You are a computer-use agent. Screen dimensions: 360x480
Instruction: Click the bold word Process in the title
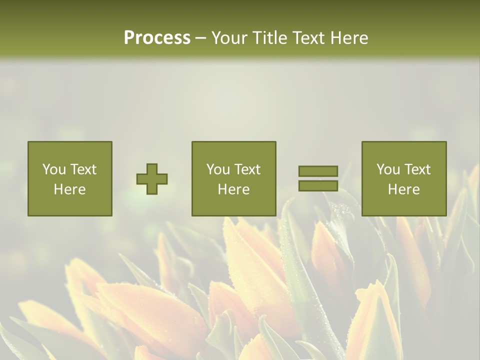(157, 38)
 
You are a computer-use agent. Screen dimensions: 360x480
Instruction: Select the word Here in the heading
(348, 38)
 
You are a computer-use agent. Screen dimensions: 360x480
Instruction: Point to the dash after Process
(200, 38)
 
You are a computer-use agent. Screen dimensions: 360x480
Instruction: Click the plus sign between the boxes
(152, 179)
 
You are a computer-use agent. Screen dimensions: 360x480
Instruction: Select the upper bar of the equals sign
(318, 171)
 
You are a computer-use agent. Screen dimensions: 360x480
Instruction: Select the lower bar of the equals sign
(318, 186)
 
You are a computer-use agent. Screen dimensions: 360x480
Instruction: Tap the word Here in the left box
(69, 189)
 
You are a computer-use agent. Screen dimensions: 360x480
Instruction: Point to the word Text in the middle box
(247, 169)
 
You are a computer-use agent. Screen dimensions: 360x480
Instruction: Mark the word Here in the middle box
(233, 189)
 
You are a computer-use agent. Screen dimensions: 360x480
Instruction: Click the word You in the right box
(388, 169)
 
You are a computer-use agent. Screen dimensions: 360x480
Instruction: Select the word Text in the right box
(417, 169)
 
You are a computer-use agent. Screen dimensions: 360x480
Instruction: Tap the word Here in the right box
(404, 189)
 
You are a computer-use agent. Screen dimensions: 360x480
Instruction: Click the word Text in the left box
(83, 169)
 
